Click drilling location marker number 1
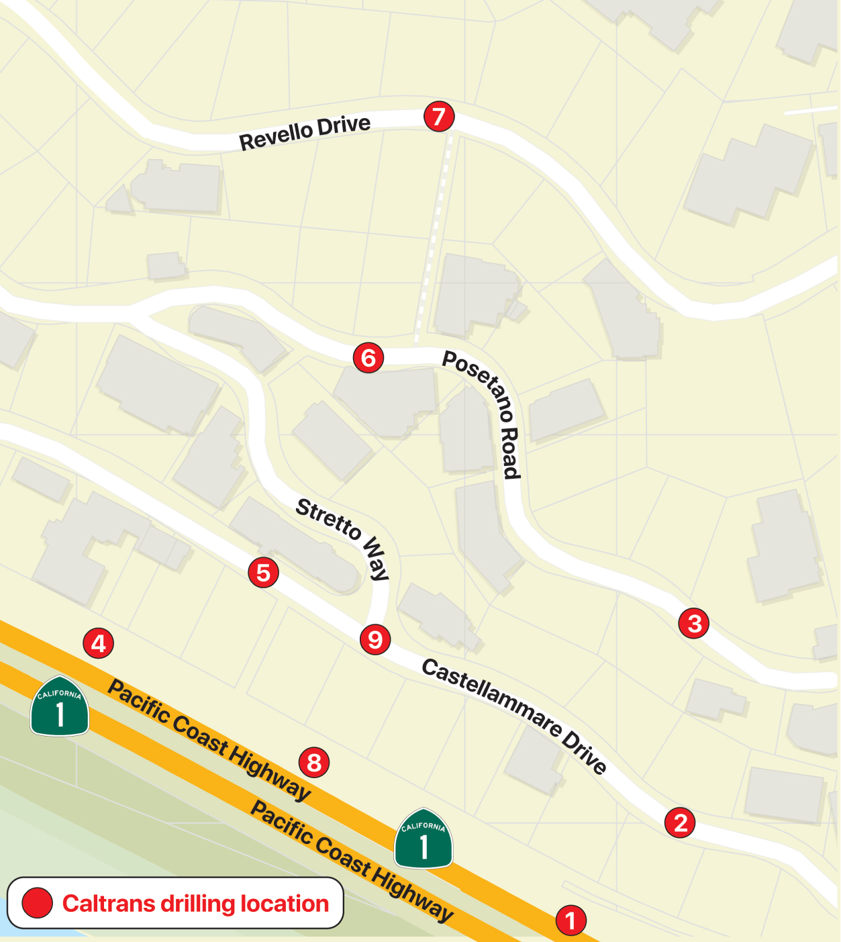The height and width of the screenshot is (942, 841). coord(571,920)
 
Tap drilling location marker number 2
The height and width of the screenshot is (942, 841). coord(680,822)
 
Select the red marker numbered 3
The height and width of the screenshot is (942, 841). coord(694,623)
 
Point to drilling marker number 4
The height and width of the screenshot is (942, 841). coord(98,643)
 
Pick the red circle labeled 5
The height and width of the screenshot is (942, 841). coord(263,573)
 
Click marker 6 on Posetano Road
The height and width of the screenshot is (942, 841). coord(368,357)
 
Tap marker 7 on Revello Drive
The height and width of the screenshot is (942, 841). coord(439,117)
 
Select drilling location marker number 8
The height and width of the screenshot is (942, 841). coord(313,762)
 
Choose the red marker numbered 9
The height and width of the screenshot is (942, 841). coord(375,639)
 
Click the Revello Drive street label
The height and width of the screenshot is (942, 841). coord(305,132)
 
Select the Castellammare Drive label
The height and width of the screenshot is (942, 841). coord(514,714)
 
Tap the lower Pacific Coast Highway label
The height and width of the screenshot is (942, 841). coord(352,860)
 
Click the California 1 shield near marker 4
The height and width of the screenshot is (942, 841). coord(60,706)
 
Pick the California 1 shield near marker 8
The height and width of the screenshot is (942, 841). coord(424,839)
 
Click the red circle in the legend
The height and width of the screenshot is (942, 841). coord(37,903)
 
